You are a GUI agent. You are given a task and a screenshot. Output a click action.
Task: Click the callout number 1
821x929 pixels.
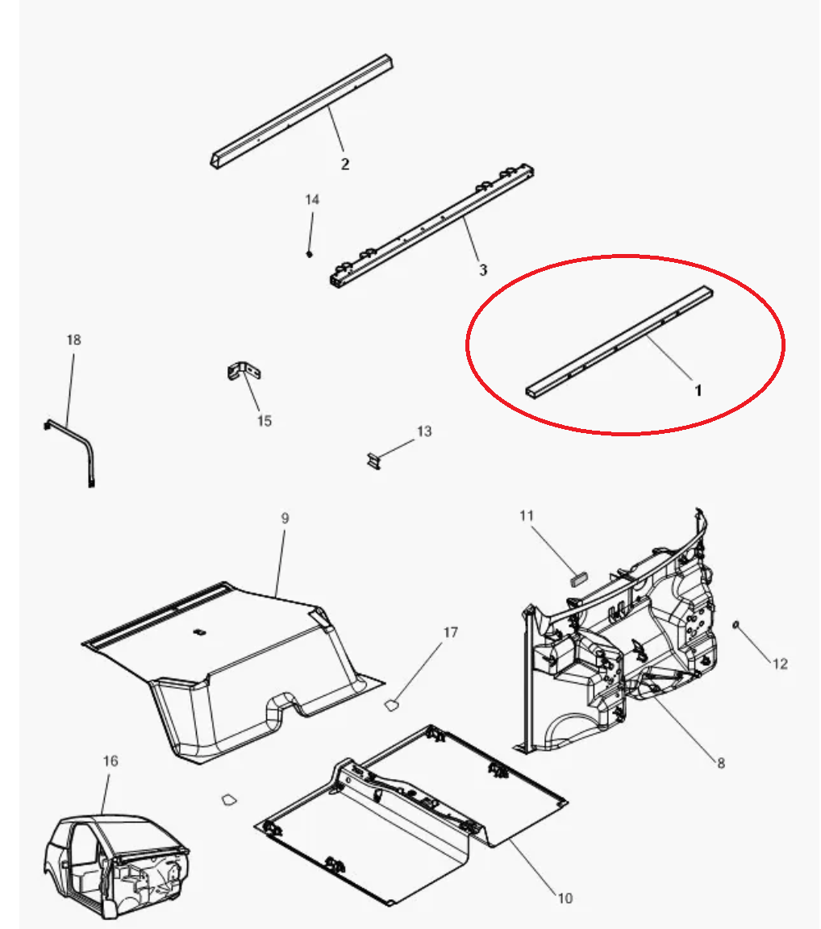[698, 390]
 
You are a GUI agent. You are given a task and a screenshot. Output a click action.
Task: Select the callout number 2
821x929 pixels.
[345, 165]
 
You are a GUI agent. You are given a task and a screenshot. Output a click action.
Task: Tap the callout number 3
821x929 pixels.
[483, 270]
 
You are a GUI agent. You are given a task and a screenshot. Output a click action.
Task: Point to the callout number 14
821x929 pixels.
[312, 200]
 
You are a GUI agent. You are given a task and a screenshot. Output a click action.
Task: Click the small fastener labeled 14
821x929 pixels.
[309, 253]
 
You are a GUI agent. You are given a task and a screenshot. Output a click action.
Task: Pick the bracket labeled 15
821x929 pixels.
[244, 371]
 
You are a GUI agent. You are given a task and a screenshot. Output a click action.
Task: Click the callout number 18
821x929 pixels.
[73, 340]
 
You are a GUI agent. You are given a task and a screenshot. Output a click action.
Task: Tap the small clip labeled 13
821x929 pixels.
[373, 461]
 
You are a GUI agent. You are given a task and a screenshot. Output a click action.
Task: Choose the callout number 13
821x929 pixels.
[424, 431]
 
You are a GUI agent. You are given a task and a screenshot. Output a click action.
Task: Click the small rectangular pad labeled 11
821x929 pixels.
[578, 577]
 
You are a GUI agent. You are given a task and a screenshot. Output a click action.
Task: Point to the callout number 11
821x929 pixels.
[527, 516]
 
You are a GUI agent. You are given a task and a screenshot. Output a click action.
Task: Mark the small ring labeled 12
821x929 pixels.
[736, 624]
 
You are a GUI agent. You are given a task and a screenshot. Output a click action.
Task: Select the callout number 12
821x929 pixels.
[780, 664]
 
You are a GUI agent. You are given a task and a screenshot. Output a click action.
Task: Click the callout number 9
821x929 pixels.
[285, 519]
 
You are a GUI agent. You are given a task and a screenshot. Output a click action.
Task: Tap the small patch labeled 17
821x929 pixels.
[391, 705]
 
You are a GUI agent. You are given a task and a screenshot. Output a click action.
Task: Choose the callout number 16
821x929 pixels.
[110, 760]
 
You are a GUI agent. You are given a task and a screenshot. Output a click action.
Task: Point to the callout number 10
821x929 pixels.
[565, 898]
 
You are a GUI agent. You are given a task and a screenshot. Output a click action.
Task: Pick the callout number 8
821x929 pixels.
[721, 763]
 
